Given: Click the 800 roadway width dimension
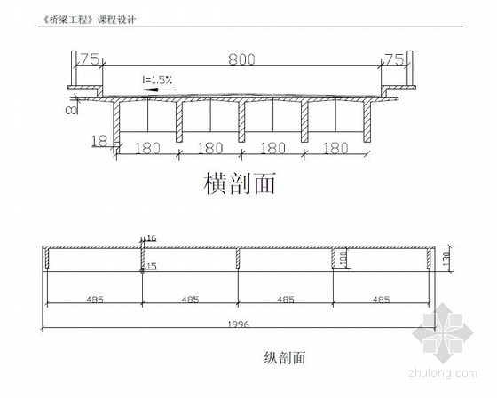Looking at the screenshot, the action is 241,59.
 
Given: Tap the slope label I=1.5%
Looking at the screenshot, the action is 157,80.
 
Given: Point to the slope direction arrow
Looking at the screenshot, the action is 159,90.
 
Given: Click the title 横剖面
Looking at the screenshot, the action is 240,183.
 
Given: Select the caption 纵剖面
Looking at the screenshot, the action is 284,358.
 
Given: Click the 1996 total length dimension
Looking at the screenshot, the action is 239,324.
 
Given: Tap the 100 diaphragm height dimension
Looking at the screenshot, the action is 343,259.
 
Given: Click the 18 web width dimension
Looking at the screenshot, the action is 99,141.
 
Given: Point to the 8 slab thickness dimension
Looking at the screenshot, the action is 71,110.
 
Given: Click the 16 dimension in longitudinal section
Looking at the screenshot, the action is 152,238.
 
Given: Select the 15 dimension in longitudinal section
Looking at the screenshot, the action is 152,266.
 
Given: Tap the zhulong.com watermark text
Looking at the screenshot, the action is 443,373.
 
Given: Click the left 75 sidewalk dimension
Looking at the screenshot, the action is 89,59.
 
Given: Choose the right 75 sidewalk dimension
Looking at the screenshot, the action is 394,59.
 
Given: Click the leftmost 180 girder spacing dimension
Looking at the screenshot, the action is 147,148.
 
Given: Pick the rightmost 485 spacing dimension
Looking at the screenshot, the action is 381,300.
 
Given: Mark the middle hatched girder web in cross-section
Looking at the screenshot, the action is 241,122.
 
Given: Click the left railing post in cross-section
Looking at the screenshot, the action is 74,68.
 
